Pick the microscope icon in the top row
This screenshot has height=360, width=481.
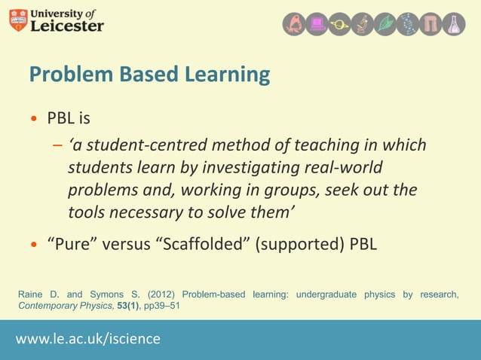pyautogui.click(x=363, y=24)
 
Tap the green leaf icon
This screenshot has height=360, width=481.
pyautogui.click(x=386, y=24)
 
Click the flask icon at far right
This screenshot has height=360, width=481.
pyautogui.click(x=454, y=24)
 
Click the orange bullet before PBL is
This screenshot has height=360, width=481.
pyautogui.click(x=33, y=119)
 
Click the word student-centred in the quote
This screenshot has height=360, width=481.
pyautogui.click(x=143, y=145)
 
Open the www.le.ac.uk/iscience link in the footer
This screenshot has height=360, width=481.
pyautogui.click(x=88, y=339)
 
